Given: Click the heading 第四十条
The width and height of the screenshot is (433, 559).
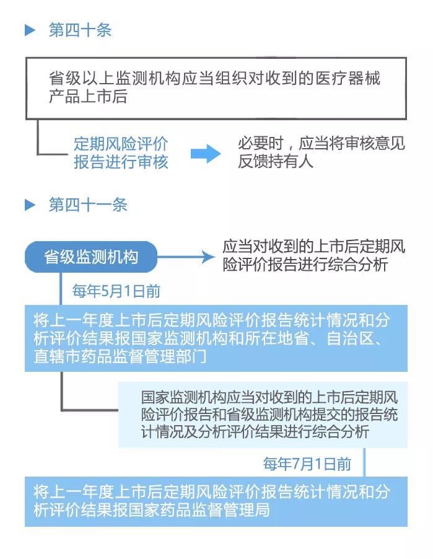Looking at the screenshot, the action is [80, 30].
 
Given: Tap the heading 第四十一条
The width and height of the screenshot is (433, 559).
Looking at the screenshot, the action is [88, 205].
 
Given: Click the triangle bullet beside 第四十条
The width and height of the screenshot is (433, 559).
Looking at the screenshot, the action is [30, 30].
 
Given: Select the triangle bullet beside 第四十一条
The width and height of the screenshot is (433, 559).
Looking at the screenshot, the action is [30, 205].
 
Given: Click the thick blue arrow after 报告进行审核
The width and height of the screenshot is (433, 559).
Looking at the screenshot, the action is [206, 154].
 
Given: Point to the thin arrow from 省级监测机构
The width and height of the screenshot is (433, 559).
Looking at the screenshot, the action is [186, 257].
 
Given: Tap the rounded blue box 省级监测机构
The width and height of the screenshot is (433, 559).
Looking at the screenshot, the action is [91, 257].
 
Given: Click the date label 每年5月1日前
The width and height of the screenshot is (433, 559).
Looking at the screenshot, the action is [116, 291].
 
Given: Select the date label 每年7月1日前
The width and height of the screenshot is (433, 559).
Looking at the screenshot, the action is [307, 464].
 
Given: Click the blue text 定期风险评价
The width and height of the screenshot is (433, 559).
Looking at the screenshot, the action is [121, 144].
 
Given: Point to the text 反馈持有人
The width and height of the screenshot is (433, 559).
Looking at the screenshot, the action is [276, 162].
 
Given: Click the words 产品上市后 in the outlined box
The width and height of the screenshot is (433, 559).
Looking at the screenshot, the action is [88, 97].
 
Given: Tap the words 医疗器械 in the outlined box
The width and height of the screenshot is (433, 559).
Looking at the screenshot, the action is [348, 79].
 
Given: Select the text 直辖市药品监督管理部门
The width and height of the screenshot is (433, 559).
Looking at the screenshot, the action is [120, 356].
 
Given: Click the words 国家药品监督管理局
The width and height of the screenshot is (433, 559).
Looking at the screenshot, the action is [199, 510].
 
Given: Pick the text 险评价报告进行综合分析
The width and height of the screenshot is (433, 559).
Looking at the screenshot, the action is [305, 265].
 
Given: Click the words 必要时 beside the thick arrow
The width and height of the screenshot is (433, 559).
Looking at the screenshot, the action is [261, 144].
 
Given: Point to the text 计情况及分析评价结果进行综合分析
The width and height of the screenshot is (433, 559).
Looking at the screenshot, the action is [255, 431].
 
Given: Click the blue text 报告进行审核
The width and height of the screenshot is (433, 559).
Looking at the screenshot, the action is [121, 162].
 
